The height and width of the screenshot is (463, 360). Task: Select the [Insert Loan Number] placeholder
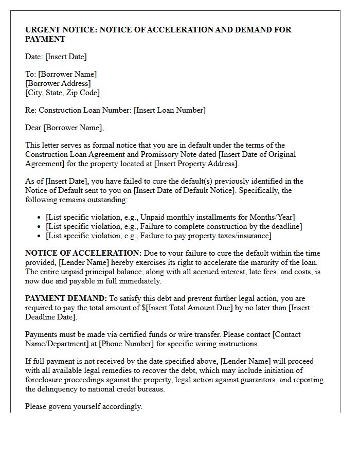tap(170, 110)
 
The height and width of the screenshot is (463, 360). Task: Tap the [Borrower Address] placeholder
tap(58, 83)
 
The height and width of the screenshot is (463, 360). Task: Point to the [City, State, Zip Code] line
tap(62, 93)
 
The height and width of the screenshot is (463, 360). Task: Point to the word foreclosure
tap(46, 380)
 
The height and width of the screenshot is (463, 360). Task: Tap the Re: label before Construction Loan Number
tap(31, 110)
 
